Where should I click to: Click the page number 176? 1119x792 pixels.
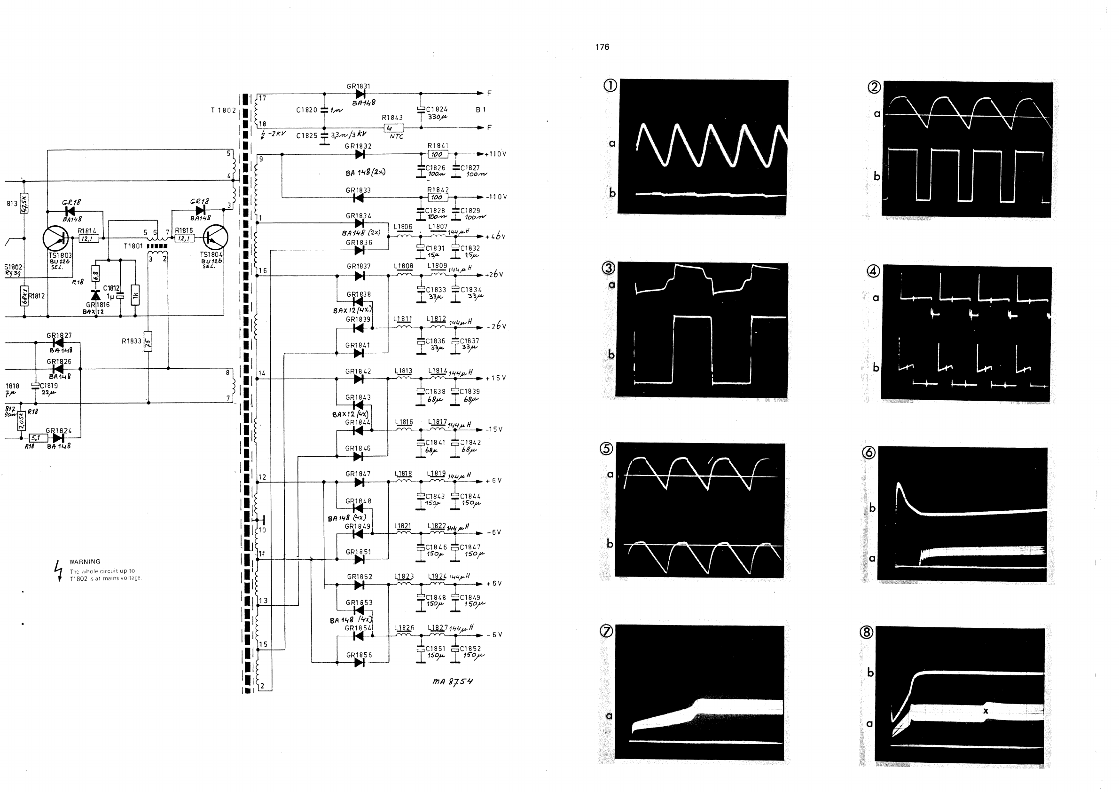602,47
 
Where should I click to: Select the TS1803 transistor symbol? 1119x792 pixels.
55,238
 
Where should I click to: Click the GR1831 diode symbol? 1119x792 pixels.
360,94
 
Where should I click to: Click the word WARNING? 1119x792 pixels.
85,562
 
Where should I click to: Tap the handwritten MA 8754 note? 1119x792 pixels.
452,681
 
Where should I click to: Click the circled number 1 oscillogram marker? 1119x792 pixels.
610,85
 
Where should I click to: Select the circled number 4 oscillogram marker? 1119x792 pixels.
873,271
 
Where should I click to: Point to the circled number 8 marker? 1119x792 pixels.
866,633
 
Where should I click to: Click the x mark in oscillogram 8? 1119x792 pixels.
986,711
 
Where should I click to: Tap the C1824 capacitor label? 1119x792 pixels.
437,109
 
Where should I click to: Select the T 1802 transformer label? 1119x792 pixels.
223,110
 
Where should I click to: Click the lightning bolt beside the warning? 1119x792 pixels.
58,570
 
